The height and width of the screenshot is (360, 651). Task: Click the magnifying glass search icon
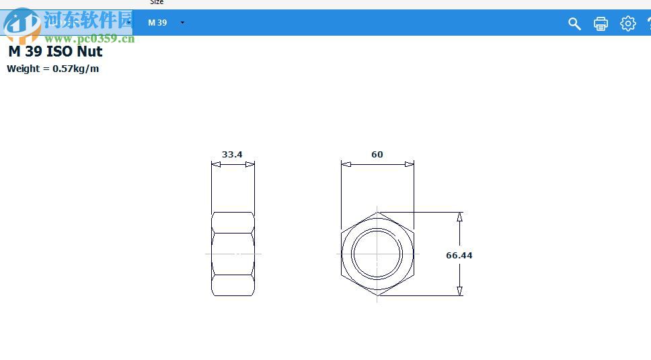(574, 24)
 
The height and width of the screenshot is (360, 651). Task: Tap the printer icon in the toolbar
(601, 24)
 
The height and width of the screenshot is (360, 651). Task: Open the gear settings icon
(627, 24)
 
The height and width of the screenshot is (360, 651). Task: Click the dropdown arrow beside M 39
(182, 23)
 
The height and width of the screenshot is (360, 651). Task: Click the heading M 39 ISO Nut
(55, 52)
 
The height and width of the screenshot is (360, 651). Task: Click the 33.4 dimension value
(232, 154)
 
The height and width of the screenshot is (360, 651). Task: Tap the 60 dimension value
(377, 154)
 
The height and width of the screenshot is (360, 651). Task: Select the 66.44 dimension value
(459, 256)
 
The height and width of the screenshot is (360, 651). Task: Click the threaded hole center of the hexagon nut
(377, 254)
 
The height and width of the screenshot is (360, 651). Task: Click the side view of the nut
(233, 254)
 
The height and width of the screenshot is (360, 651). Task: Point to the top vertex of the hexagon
(377, 213)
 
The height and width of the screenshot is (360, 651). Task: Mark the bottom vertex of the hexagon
(377, 295)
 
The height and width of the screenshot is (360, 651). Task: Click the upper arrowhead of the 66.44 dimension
(459, 217)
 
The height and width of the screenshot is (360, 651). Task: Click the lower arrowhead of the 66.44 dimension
(459, 291)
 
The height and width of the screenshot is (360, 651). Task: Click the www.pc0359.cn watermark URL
(89, 39)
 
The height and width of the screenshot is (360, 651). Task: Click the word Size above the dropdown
(157, 3)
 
